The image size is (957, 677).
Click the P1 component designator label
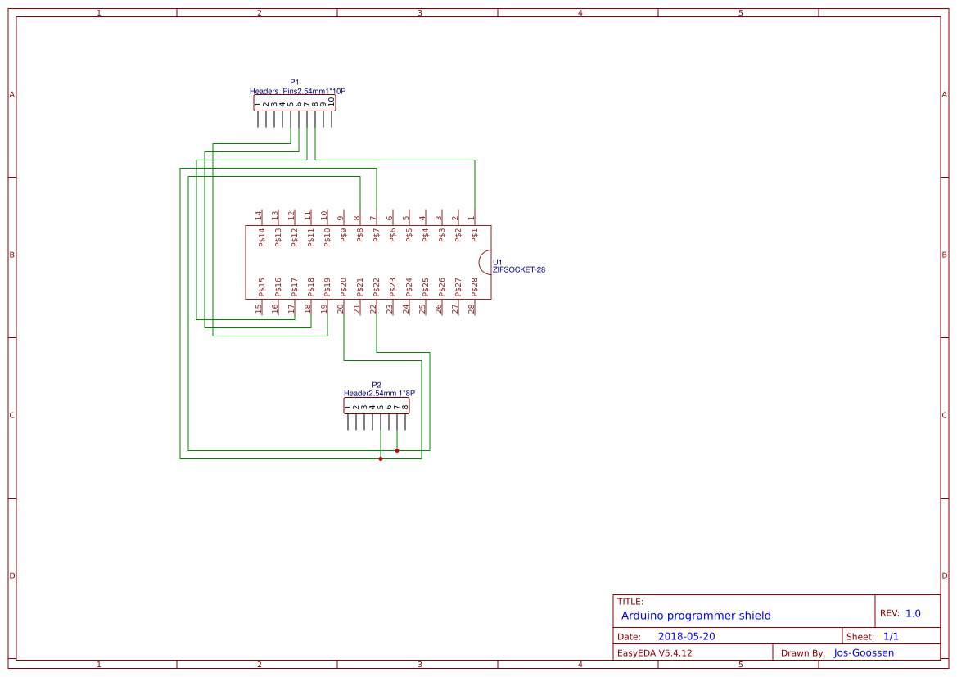click(x=295, y=82)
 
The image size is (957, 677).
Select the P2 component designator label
click(x=377, y=385)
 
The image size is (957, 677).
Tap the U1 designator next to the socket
click(x=497, y=263)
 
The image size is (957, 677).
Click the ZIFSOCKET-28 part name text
click(x=519, y=269)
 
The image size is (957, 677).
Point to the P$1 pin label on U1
click(x=474, y=237)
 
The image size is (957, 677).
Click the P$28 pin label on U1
click(x=474, y=287)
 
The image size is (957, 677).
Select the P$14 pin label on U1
click(x=261, y=237)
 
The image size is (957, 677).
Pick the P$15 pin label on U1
click(x=261, y=287)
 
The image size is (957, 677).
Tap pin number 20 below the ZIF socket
click(x=341, y=309)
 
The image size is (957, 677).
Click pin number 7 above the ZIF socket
click(x=373, y=219)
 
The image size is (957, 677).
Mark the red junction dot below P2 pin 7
click(x=397, y=450)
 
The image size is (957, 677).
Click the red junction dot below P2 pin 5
click(x=381, y=458)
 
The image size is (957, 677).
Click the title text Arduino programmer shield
click(x=696, y=616)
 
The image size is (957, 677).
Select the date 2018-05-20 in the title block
click(x=686, y=637)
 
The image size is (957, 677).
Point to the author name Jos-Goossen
click(x=864, y=653)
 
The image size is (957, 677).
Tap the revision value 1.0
click(x=913, y=613)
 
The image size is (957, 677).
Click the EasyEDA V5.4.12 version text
click(x=654, y=653)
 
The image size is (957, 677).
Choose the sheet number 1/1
click(x=891, y=637)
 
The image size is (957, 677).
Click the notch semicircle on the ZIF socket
click(x=485, y=262)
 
